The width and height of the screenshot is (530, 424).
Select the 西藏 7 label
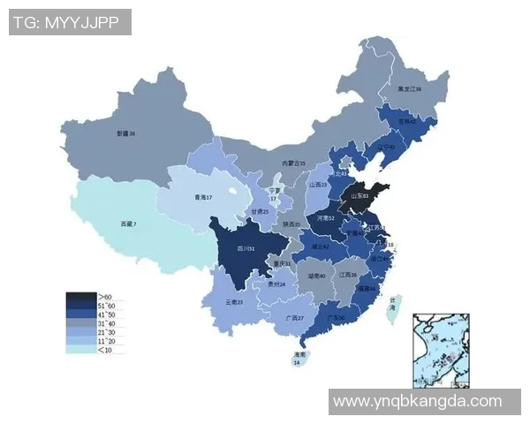click(x=129, y=225)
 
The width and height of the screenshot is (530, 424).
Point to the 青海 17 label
click(x=203, y=198)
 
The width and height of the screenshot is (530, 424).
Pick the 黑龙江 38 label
click(x=408, y=89)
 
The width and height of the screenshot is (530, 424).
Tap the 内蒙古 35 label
click(x=293, y=163)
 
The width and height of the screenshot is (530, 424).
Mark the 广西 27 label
click(x=294, y=318)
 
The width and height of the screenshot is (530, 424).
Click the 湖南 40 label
click(x=316, y=276)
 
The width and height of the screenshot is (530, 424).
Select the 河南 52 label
click(x=325, y=217)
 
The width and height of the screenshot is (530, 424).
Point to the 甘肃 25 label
click(x=259, y=212)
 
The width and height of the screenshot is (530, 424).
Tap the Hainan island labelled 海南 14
click(x=298, y=356)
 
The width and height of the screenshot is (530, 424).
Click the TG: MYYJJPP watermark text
click(x=70, y=22)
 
